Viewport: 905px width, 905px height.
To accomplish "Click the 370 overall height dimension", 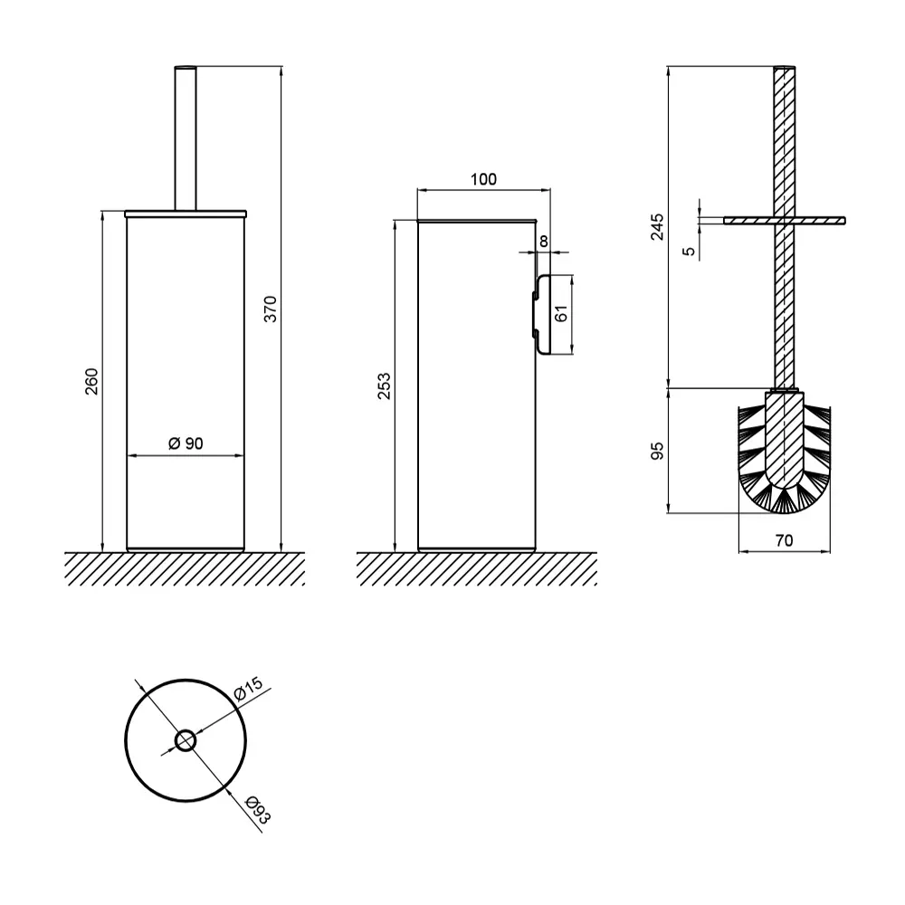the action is point(270,309).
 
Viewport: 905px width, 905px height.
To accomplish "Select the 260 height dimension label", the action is point(91,381).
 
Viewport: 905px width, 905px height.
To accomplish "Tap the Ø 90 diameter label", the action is point(186,443).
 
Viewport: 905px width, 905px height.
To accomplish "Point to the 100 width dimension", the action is point(483,179).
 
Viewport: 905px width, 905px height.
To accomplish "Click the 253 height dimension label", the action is point(384,386).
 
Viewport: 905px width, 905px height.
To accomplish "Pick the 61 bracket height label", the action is point(560,313).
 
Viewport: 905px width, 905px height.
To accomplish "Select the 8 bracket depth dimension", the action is point(544,242).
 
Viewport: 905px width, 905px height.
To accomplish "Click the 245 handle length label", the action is point(657,227).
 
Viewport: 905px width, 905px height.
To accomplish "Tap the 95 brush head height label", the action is point(657,451).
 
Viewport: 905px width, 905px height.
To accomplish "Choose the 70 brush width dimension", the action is point(784,541).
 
